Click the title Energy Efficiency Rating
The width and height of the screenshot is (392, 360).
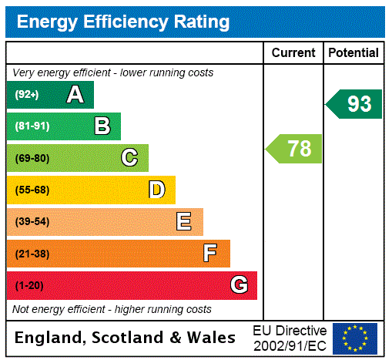point(122,22)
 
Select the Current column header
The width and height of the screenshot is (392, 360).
point(293,53)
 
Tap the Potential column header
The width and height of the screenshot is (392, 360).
point(353,53)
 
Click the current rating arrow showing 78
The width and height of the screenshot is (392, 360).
point(294,148)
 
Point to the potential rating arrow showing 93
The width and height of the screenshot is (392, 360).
point(354,104)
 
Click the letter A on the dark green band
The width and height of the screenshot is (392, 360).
point(75,95)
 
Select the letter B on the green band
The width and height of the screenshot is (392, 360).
point(102,126)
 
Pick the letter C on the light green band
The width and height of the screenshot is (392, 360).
point(129,158)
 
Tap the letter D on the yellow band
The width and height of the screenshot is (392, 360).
point(156,190)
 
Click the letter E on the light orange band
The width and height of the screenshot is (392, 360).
point(184,222)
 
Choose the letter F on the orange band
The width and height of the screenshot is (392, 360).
point(210,254)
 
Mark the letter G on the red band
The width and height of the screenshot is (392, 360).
point(239,285)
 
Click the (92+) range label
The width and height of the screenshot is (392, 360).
point(27,95)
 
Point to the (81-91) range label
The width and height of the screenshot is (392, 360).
point(32,126)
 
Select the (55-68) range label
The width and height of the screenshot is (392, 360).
point(32,190)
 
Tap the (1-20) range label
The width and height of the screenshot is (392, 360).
point(29,286)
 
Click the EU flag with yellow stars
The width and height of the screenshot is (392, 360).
point(355,338)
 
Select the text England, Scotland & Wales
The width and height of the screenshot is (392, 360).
point(126,338)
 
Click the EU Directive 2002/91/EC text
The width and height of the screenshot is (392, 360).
point(290,338)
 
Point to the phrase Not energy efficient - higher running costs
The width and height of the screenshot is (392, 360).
point(112,309)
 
